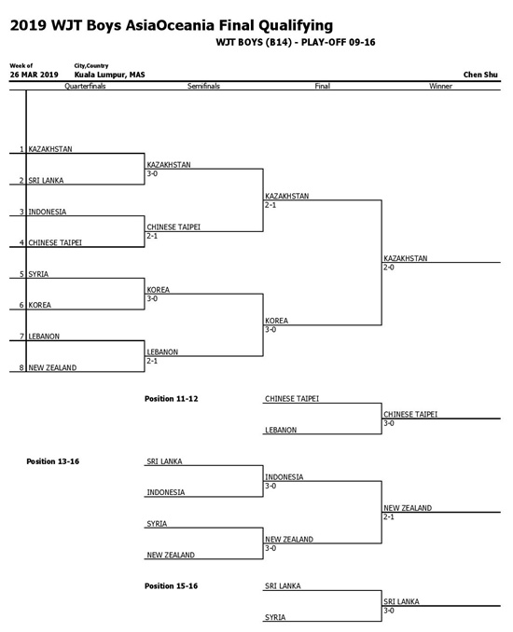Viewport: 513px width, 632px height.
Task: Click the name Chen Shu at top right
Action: tap(480, 75)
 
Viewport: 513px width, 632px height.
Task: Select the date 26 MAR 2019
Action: tap(35, 75)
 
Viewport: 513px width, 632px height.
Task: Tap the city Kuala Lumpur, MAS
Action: tap(109, 75)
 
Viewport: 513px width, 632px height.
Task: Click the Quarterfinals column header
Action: tap(85, 86)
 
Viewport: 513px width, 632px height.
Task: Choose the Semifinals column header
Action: tap(203, 86)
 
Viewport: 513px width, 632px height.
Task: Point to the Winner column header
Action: tap(440, 86)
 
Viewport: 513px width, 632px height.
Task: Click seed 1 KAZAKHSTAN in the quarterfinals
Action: tap(50, 149)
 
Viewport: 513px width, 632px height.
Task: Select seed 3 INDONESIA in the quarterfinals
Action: tap(48, 212)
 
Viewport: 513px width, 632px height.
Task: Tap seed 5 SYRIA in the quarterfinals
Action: tap(38, 274)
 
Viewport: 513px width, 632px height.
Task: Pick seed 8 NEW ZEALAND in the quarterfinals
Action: tap(52, 367)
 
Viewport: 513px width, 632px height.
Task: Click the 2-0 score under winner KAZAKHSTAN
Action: tap(389, 268)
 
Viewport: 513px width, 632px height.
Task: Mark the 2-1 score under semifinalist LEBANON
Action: tap(152, 361)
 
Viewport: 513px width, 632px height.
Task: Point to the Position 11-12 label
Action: tap(172, 399)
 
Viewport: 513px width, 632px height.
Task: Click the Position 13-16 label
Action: tap(53, 461)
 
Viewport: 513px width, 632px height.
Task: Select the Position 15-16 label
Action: tap(172, 585)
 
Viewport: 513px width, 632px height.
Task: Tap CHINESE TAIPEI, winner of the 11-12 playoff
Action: tap(410, 414)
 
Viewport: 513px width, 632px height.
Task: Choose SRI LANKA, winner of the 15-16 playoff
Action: tap(401, 601)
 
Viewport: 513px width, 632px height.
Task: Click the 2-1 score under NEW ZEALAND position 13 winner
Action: tap(389, 516)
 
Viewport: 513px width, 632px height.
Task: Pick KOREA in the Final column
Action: tap(276, 321)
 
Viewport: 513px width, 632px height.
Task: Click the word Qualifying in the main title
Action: tap(296, 26)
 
